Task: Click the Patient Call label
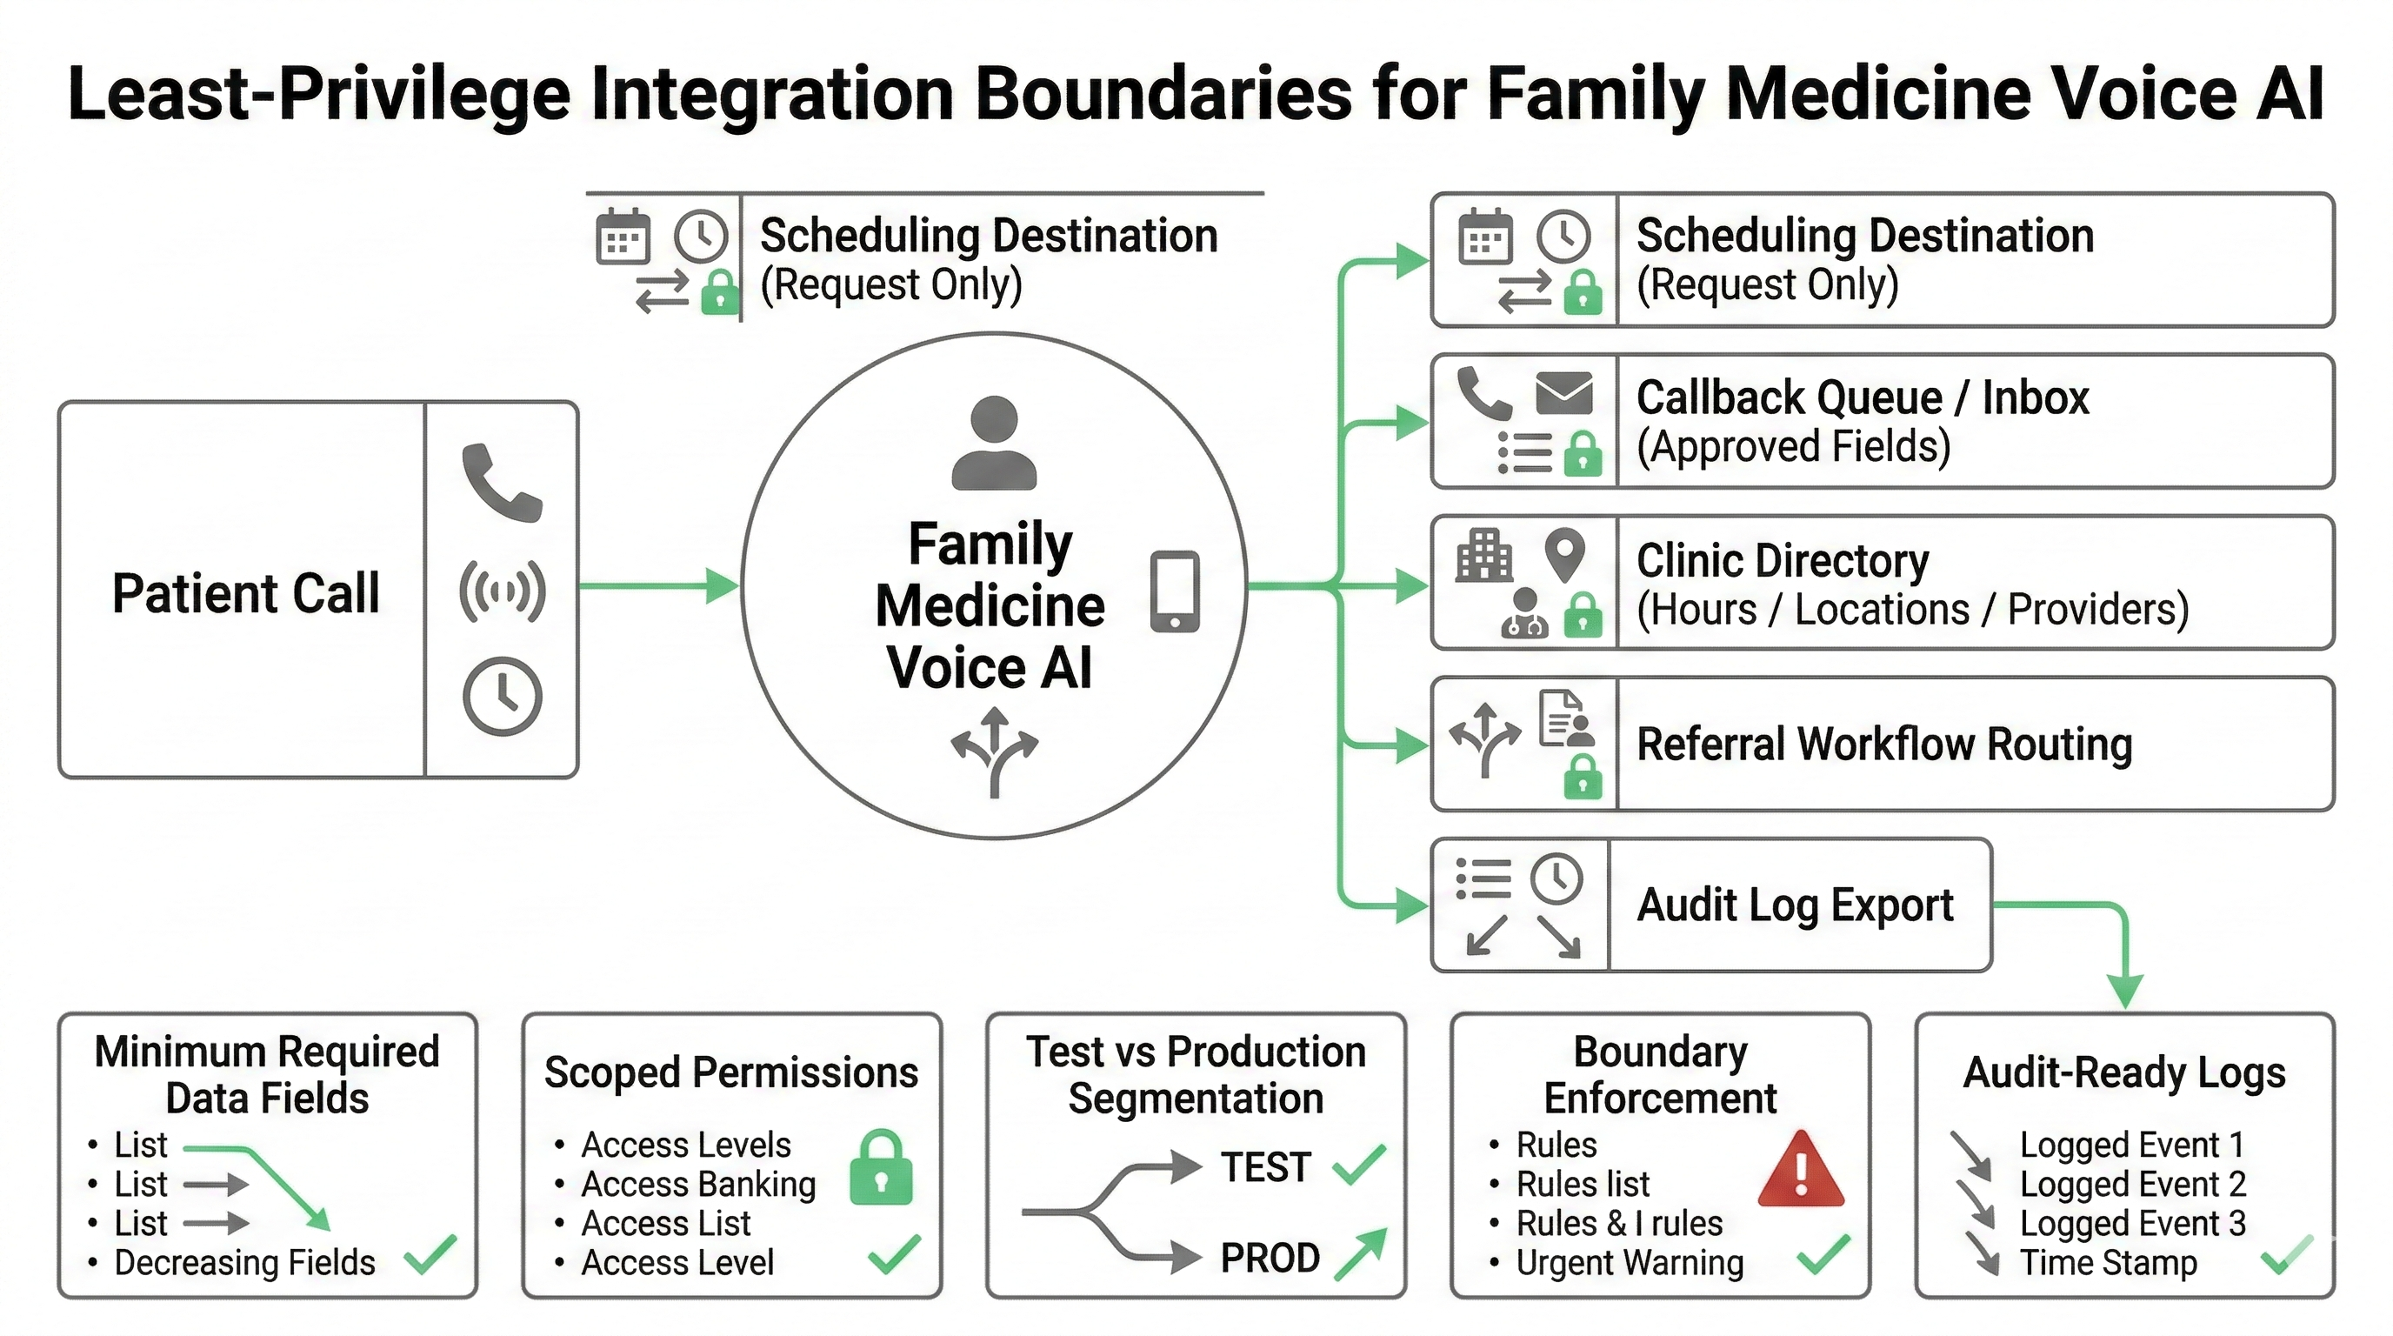pyautogui.click(x=245, y=592)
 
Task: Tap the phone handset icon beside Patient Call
pyautogui.click(x=502, y=482)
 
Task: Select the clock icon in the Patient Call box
pyautogui.click(x=502, y=697)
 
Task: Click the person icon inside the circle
pyautogui.click(x=994, y=444)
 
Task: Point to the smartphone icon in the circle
pyautogui.click(x=1174, y=591)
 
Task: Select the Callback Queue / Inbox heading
pyautogui.click(x=1862, y=397)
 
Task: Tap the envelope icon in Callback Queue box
pyautogui.click(x=1563, y=393)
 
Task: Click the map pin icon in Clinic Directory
pyautogui.click(x=1563, y=554)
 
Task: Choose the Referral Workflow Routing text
pyautogui.click(x=1884, y=745)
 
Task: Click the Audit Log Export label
pyautogui.click(x=1795, y=905)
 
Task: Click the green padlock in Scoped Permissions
pyautogui.click(x=881, y=1168)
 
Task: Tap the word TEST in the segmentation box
pyautogui.click(x=1265, y=1167)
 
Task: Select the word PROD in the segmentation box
pyautogui.click(x=1269, y=1258)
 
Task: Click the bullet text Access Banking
pyautogui.click(x=697, y=1185)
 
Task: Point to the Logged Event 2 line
pyautogui.click(x=2132, y=1185)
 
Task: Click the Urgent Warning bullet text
pyautogui.click(x=1630, y=1263)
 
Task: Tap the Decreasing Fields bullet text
pyautogui.click(x=244, y=1263)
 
